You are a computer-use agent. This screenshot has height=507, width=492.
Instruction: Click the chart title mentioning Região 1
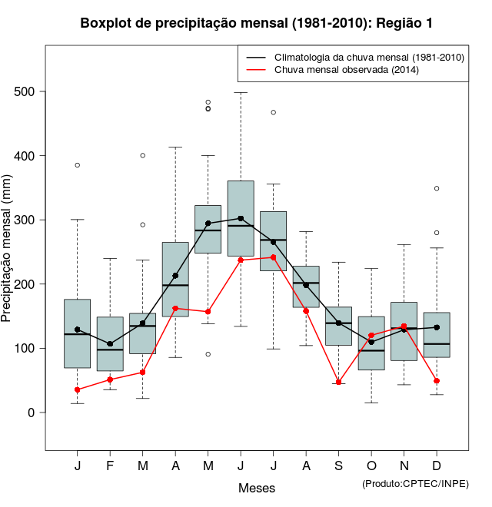(x=257, y=24)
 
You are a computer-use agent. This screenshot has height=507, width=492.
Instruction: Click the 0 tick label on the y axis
(x=32, y=413)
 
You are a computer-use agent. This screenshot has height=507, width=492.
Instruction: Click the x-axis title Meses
(x=257, y=488)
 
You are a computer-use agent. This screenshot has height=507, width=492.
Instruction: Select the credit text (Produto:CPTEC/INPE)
(x=415, y=483)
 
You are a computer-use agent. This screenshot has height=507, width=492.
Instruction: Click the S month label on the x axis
(x=338, y=466)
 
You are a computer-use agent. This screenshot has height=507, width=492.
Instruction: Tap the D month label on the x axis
(x=437, y=466)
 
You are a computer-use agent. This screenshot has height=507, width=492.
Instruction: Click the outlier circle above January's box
(x=78, y=165)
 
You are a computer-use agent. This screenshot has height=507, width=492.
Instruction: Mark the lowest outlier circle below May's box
(x=208, y=354)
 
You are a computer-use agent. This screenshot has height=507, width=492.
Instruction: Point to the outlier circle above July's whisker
(x=273, y=112)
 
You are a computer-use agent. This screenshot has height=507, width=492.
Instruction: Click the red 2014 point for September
(x=338, y=382)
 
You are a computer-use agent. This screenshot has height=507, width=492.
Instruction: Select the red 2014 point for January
(x=78, y=389)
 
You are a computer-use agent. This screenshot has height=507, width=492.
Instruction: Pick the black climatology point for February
(x=110, y=343)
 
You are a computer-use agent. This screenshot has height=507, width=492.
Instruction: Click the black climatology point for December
(x=437, y=327)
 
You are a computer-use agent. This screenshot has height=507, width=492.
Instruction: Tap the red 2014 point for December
(x=437, y=381)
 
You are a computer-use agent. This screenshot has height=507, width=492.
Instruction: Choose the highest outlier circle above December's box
(x=437, y=188)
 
